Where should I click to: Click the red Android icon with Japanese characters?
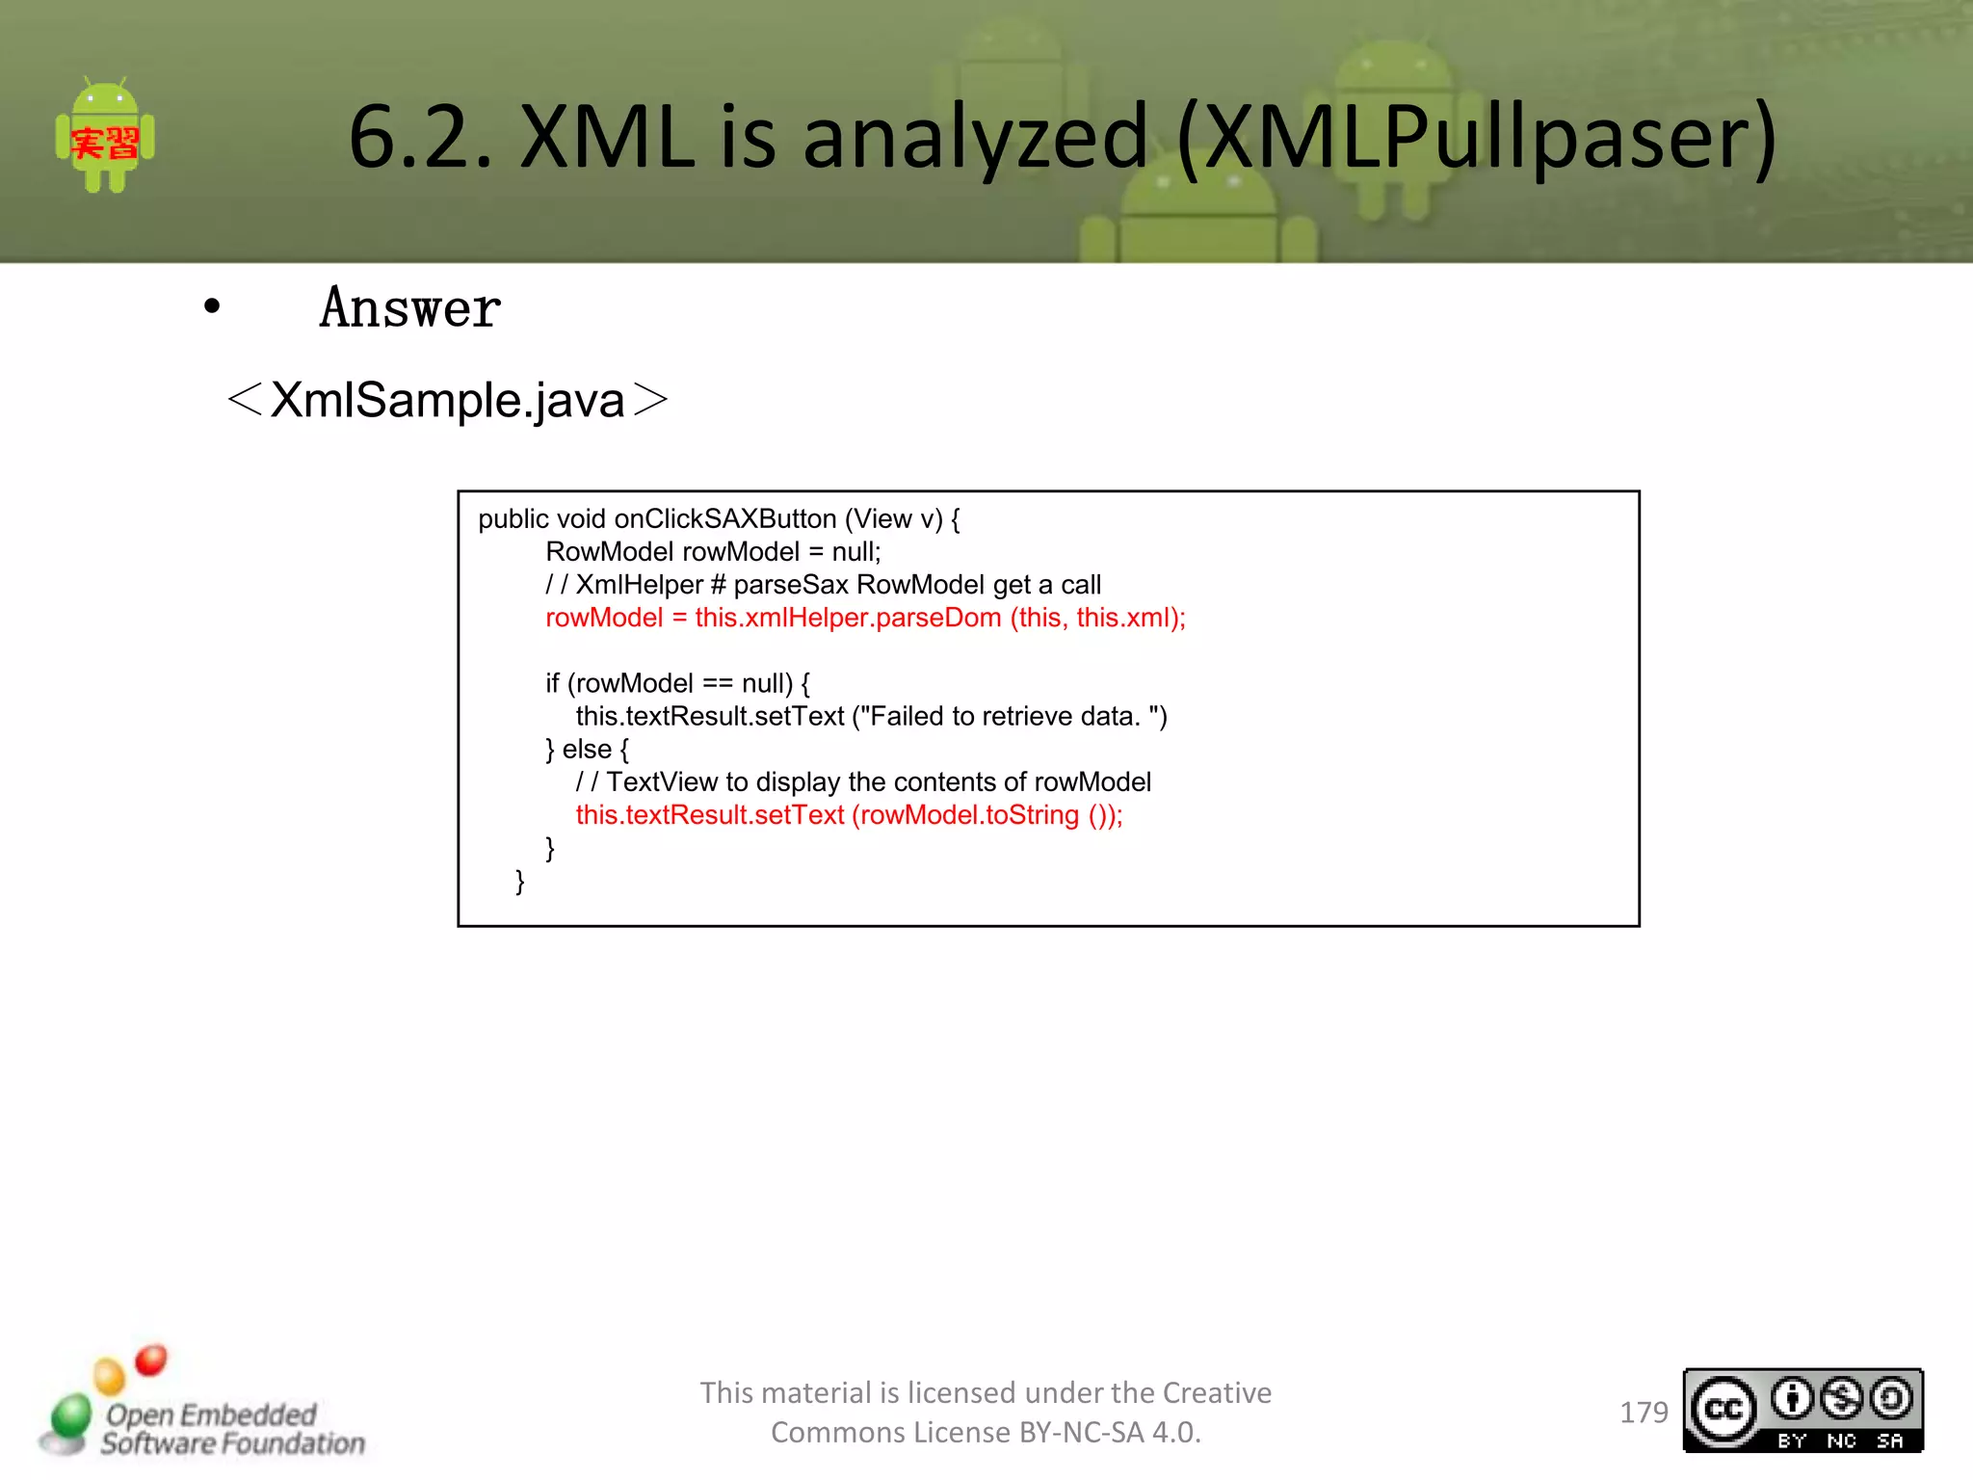[105, 138]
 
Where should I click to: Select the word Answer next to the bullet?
[410, 308]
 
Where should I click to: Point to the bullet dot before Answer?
[212, 307]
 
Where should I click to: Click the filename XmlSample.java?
[448, 400]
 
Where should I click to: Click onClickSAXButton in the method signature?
[725, 519]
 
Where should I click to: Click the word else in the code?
[587, 750]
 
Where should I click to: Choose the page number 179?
[1644, 1413]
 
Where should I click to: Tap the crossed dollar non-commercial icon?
[1842, 1399]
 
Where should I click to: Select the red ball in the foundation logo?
[151, 1360]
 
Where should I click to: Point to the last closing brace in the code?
[520, 882]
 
